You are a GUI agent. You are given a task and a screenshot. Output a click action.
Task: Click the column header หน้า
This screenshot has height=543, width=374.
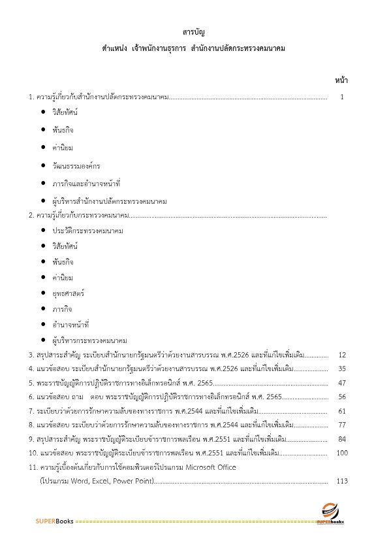(341, 80)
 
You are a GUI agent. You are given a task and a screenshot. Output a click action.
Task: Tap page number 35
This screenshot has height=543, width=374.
(341, 369)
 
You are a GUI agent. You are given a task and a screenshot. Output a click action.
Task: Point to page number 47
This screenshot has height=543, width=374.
(341, 383)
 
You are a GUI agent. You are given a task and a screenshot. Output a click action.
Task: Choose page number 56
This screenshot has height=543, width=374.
(341, 397)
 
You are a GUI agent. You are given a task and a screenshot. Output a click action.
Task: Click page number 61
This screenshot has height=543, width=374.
(341, 411)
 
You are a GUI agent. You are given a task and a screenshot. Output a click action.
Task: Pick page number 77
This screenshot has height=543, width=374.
(341, 425)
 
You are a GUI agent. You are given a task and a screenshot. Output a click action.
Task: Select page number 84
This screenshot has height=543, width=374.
(341, 438)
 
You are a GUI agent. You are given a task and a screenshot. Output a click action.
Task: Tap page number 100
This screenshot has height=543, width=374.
(341, 453)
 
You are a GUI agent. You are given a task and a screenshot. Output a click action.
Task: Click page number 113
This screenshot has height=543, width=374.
(341, 481)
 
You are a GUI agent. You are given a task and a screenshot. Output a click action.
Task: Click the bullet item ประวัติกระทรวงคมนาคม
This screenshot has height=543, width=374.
(88, 231)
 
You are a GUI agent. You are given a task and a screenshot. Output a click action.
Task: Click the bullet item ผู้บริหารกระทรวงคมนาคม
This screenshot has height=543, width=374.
(89, 340)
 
